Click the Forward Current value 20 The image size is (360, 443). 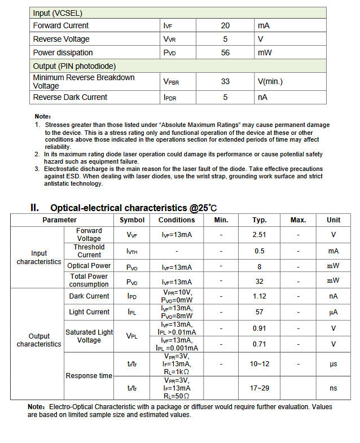(x=225, y=26)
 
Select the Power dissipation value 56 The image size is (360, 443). (x=225, y=53)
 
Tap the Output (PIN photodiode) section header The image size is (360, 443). (x=74, y=67)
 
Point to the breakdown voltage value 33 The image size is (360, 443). (x=225, y=82)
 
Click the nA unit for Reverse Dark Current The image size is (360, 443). (x=262, y=98)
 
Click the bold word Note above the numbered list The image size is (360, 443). (x=42, y=117)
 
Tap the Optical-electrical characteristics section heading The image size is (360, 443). (x=134, y=208)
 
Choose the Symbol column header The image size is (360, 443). (x=132, y=220)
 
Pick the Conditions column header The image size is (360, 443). (x=177, y=220)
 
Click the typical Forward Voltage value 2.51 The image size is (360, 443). (x=259, y=235)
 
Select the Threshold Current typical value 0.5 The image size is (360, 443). (x=259, y=251)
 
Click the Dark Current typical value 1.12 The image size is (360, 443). (x=259, y=296)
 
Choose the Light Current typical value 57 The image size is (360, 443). (x=259, y=312)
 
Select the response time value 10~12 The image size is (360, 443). (x=259, y=365)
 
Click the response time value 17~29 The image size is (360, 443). (x=259, y=388)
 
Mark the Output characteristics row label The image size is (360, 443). (x=39, y=340)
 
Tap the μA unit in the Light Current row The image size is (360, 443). (x=333, y=312)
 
